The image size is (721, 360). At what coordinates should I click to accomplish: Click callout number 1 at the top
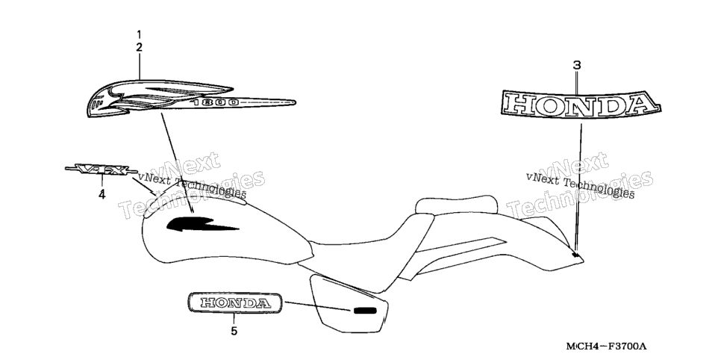(140, 34)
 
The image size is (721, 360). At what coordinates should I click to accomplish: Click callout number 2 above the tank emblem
(140, 47)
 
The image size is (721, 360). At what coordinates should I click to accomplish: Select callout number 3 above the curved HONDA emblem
(577, 66)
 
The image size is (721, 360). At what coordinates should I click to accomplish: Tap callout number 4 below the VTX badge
(102, 195)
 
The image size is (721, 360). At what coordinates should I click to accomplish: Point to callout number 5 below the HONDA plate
(234, 331)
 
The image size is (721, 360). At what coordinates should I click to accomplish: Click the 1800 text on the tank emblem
(215, 102)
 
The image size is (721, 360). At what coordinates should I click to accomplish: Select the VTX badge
(102, 170)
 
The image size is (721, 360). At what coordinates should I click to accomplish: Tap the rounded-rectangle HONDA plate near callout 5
(234, 302)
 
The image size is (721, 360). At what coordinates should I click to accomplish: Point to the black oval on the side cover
(365, 310)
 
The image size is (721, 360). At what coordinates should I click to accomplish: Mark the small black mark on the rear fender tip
(575, 254)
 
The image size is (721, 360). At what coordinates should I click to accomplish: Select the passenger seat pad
(456, 205)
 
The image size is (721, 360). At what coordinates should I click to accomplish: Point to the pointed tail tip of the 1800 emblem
(294, 102)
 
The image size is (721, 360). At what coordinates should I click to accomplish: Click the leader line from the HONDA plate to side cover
(318, 306)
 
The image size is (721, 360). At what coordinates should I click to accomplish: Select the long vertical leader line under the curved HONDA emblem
(578, 187)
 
